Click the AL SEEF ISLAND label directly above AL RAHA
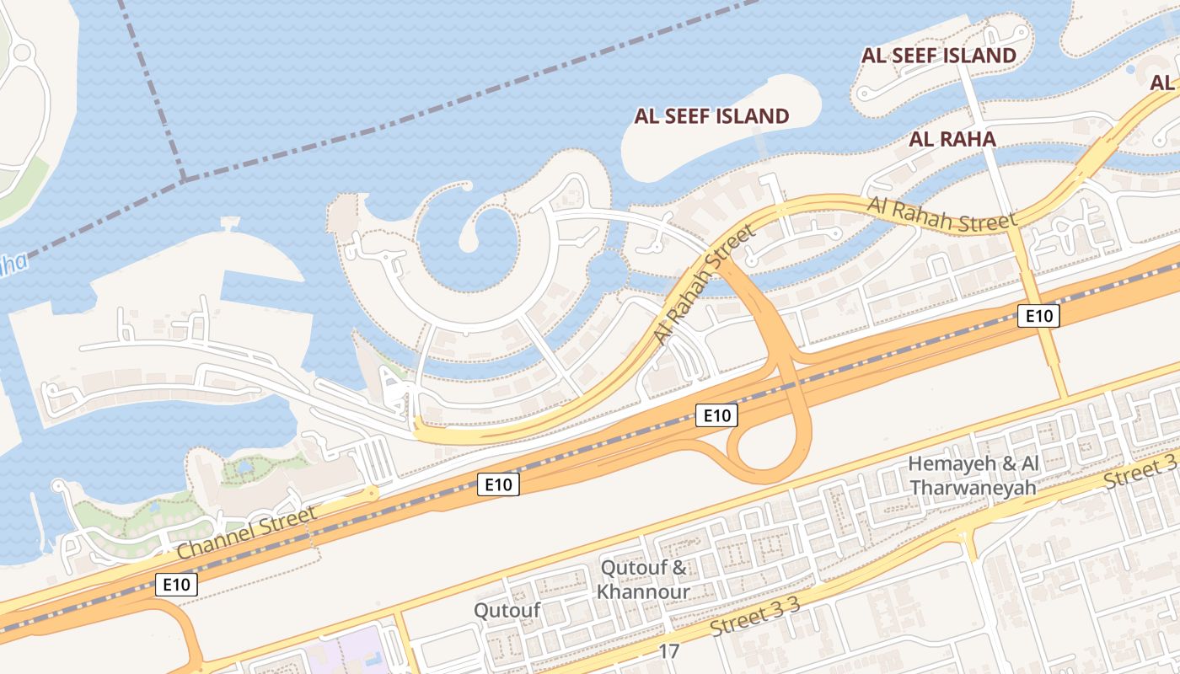pos(938,56)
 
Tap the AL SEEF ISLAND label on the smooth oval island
pos(711,116)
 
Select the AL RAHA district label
pos(952,139)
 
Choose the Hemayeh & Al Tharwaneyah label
pos(973,476)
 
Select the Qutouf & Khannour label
pos(643,580)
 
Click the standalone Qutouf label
pos(507,610)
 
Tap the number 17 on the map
pos(669,651)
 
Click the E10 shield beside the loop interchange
pos(716,415)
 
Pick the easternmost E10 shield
pos(1038,316)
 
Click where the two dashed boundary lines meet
pos(183,179)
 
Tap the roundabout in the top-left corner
pos(21,52)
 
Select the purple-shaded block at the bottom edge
pos(346,654)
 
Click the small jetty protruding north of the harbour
pos(228,224)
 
